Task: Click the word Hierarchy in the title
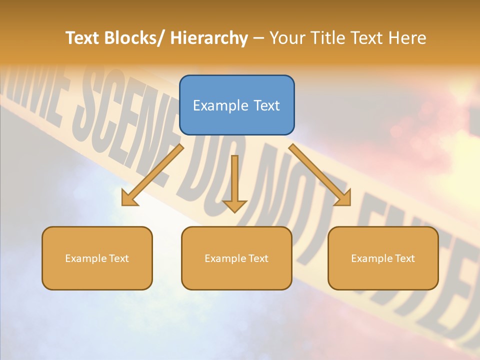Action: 209,38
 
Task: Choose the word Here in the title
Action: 408,38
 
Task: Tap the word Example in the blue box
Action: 220,105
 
